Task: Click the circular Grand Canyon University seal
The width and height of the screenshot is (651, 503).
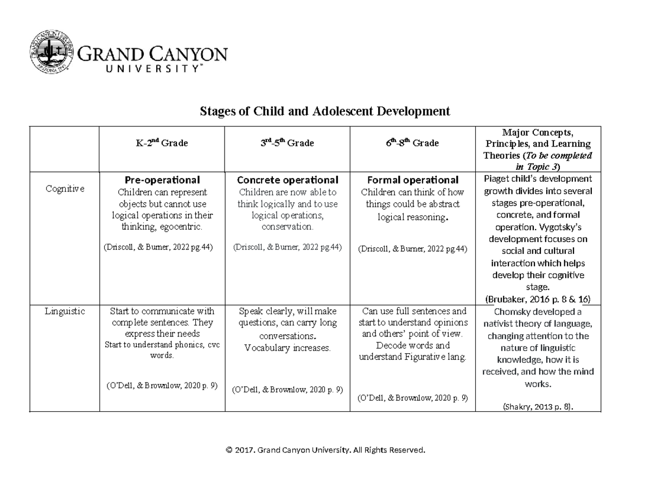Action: click(x=53, y=54)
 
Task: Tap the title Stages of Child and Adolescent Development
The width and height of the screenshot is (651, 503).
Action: click(x=325, y=112)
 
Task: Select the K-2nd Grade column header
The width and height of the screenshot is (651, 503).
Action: click(x=162, y=143)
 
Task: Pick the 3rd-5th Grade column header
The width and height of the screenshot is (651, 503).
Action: click(x=287, y=143)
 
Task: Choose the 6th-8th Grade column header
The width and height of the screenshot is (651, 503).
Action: click(x=412, y=143)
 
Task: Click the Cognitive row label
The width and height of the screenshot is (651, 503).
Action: click(x=65, y=188)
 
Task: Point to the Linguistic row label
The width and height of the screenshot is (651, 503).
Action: click(x=65, y=311)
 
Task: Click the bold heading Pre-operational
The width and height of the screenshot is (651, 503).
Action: click(x=162, y=180)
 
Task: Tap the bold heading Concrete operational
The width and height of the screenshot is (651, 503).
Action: click(x=287, y=180)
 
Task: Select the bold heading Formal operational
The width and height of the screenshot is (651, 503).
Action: click(x=412, y=180)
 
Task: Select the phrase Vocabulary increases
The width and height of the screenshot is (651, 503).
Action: click(x=287, y=348)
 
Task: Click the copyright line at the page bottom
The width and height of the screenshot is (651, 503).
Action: click(x=325, y=450)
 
